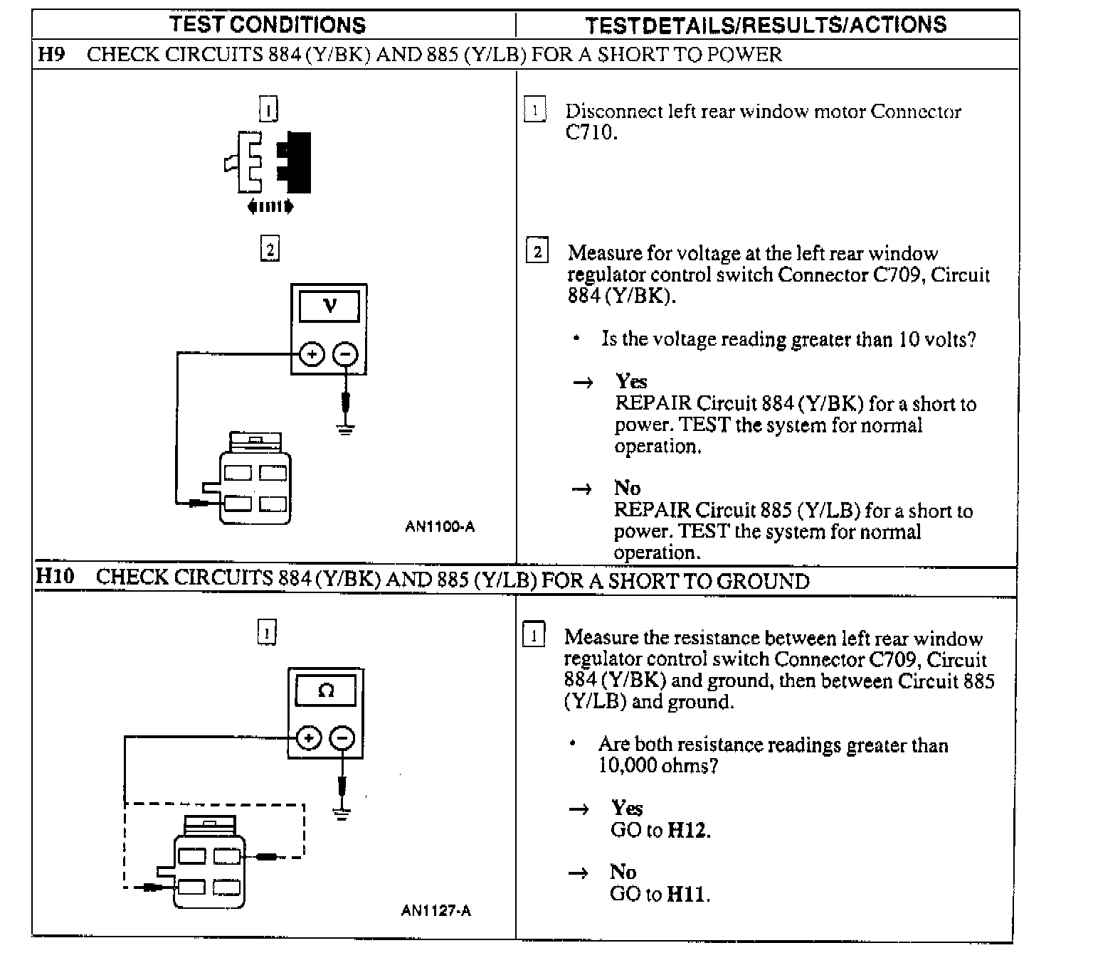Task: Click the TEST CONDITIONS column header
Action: point(268,25)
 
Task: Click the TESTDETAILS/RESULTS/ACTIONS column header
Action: point(766,25)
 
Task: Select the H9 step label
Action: point(51,54)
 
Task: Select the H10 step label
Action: point(55,576)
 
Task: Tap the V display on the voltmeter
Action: point(329,307)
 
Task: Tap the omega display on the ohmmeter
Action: point(326,690)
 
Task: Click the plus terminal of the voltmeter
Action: point(312,354)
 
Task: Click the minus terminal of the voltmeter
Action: point(346,354)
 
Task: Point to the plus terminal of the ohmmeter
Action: point(308,738)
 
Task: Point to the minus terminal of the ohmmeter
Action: point(342,738)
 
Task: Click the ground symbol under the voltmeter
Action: point(346,429)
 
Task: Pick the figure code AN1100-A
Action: point(440,527)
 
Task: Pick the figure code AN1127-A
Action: point(436,910)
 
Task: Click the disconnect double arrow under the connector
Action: point(270,207)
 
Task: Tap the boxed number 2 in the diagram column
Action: point(270,250)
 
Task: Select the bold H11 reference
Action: point(687,894)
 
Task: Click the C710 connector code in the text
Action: point(590,132)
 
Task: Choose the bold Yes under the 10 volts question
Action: point(631,382)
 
